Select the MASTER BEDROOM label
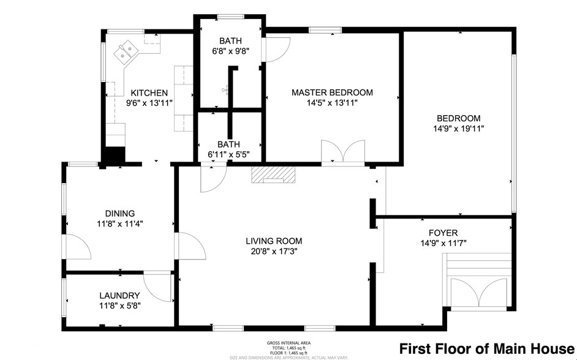click(331, 92)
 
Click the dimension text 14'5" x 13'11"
click(331, 103)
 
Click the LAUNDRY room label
click(119, 295)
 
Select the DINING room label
click(119, 213)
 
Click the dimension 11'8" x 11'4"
click(119, 223)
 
